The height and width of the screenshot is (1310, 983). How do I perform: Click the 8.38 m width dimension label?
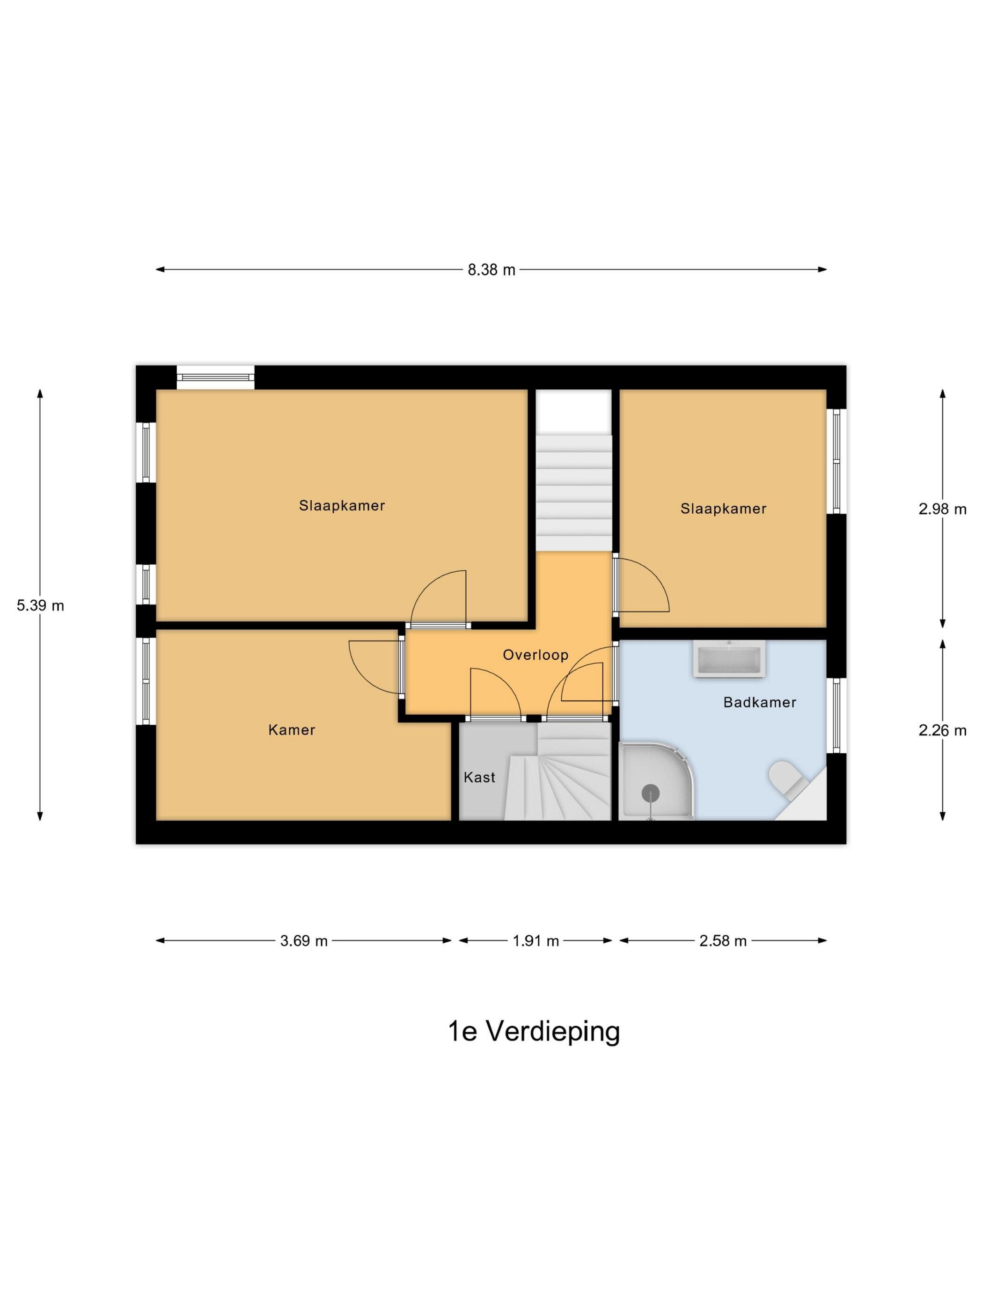coord(491,270)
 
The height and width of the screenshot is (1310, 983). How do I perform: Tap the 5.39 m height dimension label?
coord(40,605)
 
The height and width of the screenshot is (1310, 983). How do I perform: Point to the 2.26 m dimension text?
coord(942,731)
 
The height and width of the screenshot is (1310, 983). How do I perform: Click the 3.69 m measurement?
coord(304,941)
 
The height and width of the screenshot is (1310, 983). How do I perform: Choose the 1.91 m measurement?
coord(536,941)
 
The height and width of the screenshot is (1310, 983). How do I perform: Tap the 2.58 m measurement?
coord(723,941)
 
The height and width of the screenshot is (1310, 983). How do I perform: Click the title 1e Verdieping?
coord(534,1031)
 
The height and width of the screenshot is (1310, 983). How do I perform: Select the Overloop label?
coord(536,655)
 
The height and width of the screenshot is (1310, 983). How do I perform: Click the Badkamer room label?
coord(760,702)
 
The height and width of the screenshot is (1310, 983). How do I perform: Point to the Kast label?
coord(479,777)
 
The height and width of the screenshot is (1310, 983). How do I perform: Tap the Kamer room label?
coord(292,729)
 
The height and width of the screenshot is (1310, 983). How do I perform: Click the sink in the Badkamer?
coord(729,660)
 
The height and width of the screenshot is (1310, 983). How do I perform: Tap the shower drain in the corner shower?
coord(651,792)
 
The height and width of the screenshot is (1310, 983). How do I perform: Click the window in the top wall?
coord(216,377)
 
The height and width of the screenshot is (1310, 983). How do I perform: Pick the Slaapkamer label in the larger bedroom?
coord(342,506)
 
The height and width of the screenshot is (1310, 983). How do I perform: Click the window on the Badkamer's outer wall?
coord(836,715)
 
